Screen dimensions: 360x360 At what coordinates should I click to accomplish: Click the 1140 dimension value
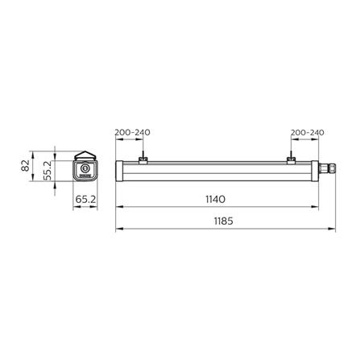tap(214, 198)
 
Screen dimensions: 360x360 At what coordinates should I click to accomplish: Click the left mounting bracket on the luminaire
tap(142, 160)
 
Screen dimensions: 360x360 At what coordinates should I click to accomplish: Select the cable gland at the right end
tap(329, 170)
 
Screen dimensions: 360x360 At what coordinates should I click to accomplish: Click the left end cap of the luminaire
tap(121, 170)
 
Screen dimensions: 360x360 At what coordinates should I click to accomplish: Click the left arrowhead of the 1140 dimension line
tap(120, 206)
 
